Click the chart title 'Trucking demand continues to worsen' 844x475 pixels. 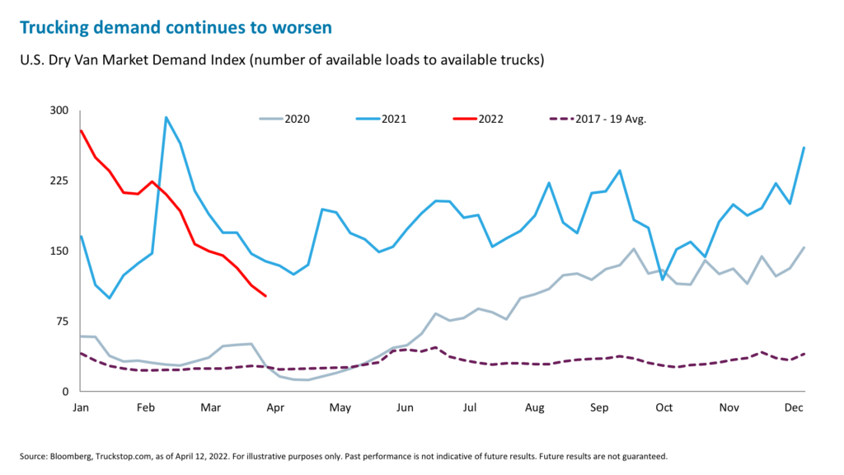[x=176, y=27]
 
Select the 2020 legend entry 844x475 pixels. [x=285, y=119]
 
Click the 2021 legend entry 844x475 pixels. [x=381, y=119]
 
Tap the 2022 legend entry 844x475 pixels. [x=478, y=119]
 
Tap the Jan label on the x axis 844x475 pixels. [x=81, y=407]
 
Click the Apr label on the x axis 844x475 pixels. [x=274, y=407]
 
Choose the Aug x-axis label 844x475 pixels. [x=534, y=407]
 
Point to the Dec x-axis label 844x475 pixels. [x=794, y=407]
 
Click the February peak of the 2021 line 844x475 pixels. [x=166, y=117]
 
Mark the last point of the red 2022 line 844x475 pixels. [x=265, y=296]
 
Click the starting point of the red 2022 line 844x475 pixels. [x=81, y=130]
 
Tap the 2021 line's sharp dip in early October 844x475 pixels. [x=663, y=280]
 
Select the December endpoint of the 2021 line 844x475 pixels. [x=804, y=148]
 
